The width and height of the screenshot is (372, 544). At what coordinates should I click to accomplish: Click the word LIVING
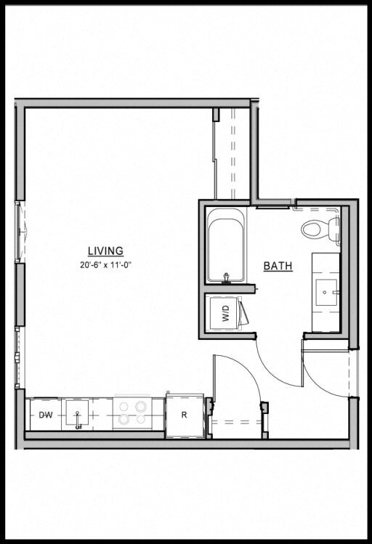pyautogui.click(x=105, y=251)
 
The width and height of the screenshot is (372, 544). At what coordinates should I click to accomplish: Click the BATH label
pyautogui.click(x=278, y=267)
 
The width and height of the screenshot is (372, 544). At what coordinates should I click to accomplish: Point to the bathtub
pyautogui.click(x=227, y=245)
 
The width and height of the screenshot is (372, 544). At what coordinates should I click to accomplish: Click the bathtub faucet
pyautogui.click(x=226, y=277)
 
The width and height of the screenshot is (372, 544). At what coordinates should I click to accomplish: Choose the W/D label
pyautogui.click(x=225, y=314)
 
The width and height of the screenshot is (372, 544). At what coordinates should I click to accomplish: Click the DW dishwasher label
pyautogui.click(x=46, y=415)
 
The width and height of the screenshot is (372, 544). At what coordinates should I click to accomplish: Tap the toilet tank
pyautogui.click(x=335, y=229)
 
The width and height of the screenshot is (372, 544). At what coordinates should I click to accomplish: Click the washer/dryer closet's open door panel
pyautogui.click(x=245, y=314)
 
